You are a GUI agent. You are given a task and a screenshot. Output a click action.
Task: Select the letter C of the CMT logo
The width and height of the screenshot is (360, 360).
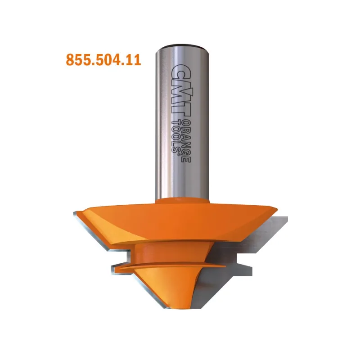[x=180, y=71]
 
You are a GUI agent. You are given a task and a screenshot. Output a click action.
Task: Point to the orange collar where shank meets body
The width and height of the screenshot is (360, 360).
[x=183, y=201]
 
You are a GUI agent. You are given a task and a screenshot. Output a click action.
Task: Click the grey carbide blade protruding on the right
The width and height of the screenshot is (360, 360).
[x=279, y=232]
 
